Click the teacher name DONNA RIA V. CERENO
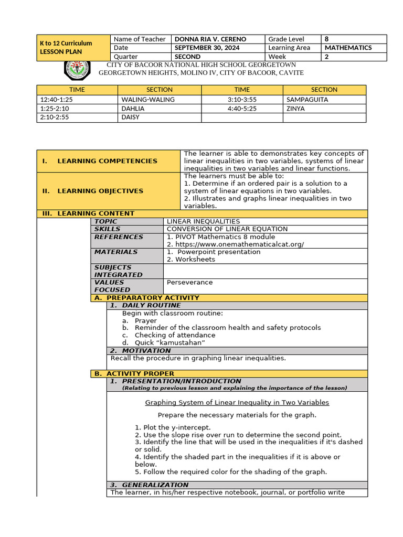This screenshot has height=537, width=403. click(x=210, y=39)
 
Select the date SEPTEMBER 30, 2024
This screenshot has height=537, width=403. click(x=207, y=48)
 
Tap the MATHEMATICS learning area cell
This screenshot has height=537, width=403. click(x=348, y=48)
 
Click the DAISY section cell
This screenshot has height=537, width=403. click(x=131, y=117)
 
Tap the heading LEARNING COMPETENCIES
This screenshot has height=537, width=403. click(x=107, y=161)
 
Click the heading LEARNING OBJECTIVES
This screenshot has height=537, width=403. click(x=100, y=191)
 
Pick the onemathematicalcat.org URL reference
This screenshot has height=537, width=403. click(x=235, y=244)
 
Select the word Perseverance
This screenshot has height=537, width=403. click(x=189, y=282)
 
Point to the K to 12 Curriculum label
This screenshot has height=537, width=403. click(x=66, y=44)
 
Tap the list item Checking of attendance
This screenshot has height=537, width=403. click(x=175, y=335)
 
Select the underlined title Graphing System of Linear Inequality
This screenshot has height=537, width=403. click(x=237, y=402)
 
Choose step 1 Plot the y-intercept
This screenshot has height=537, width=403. click(x=173, y=427)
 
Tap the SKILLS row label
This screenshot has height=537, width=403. click(x=107, y=229)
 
